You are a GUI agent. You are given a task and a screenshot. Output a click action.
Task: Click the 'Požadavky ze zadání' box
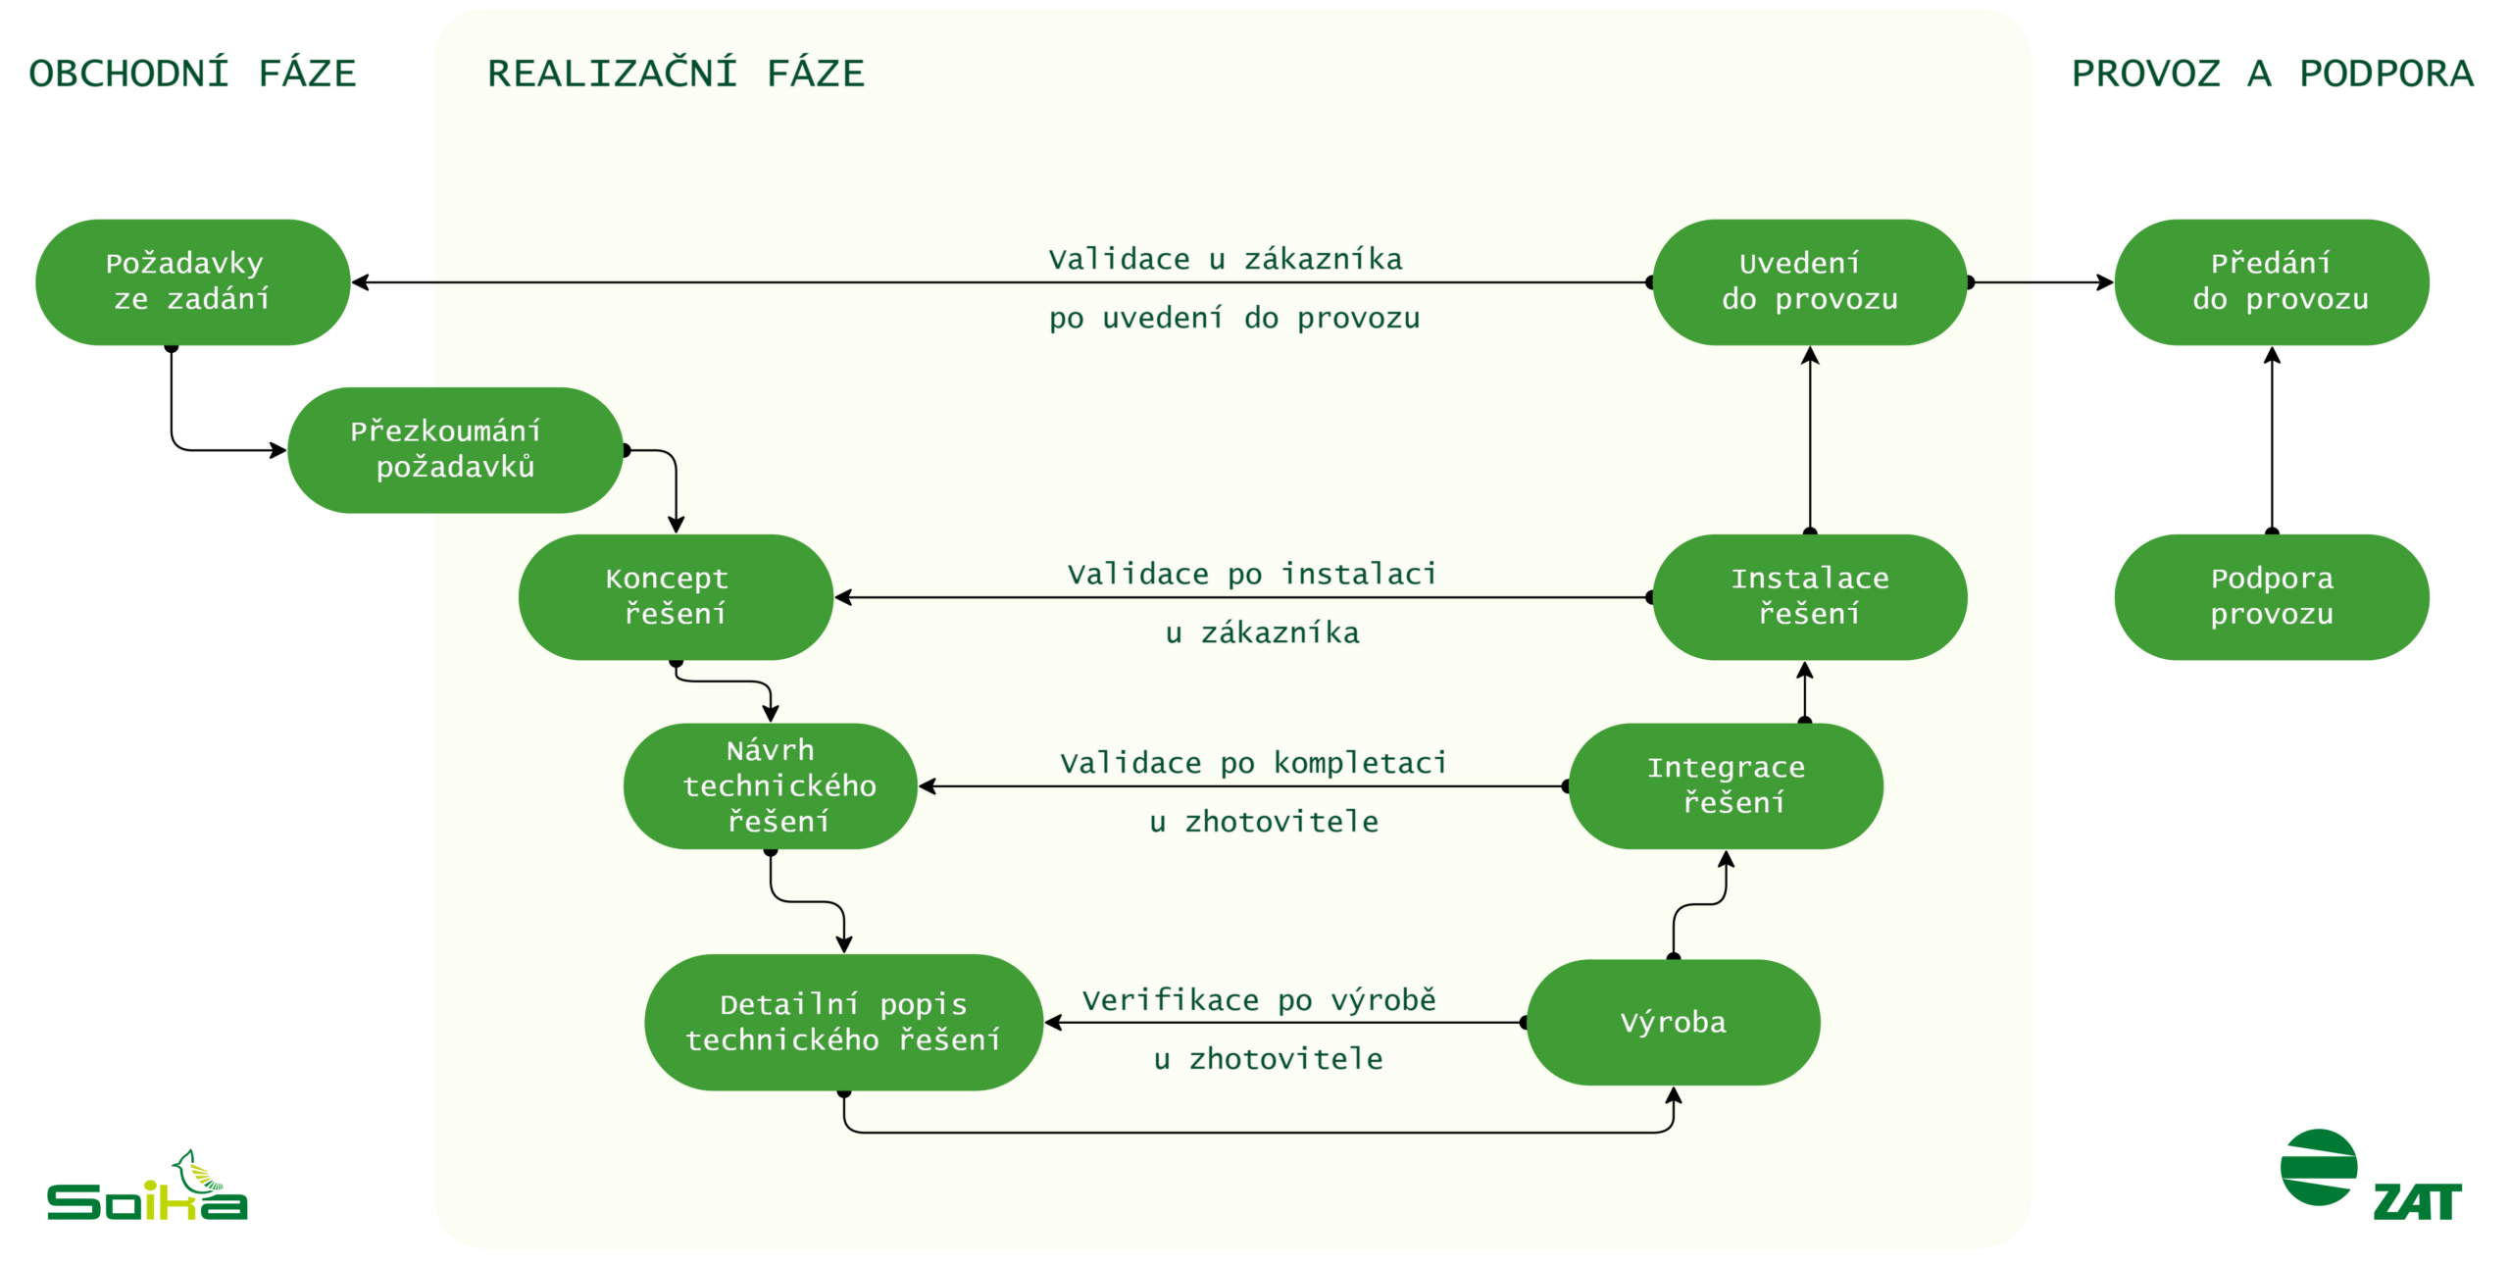(192, 281)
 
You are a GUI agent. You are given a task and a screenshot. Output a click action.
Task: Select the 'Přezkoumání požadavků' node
(455, 449)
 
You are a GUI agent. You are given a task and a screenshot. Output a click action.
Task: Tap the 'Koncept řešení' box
(676, 596)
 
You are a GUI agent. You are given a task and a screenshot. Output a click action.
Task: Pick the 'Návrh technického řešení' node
(771, 785)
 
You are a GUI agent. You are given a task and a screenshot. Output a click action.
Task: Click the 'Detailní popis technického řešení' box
(843, 1022)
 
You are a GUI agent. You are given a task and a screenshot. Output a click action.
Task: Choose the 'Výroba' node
(1673, 1022)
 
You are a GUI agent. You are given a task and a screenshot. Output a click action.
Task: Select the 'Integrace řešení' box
(1726, 785)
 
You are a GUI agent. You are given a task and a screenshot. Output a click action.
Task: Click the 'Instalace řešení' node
(1809, 596)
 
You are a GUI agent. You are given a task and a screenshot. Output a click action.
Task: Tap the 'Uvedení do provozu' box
(1809, 281)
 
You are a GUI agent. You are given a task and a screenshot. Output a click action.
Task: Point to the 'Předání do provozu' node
(2271, 281)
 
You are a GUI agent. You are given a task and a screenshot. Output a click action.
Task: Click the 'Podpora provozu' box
(2271, 596)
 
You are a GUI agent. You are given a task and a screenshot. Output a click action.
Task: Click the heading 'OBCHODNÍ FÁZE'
(192, 74)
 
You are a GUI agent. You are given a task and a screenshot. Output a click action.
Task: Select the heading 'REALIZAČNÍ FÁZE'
(676, 74)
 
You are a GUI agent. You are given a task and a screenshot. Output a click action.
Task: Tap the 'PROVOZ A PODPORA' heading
(2272, 74)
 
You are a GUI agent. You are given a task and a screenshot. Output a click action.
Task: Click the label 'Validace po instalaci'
(1252, 574)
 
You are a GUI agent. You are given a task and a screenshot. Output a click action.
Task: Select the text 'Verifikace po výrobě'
(1259, 1000)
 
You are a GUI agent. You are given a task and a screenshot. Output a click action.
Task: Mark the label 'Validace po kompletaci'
(1253, 763)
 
